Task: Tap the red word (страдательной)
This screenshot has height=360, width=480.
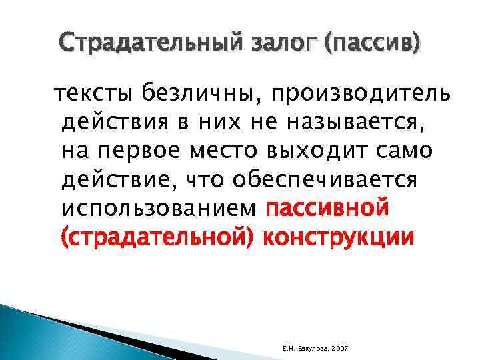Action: (x=157, y=238)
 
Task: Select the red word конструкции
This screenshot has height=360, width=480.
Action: (x=337, y=238)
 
